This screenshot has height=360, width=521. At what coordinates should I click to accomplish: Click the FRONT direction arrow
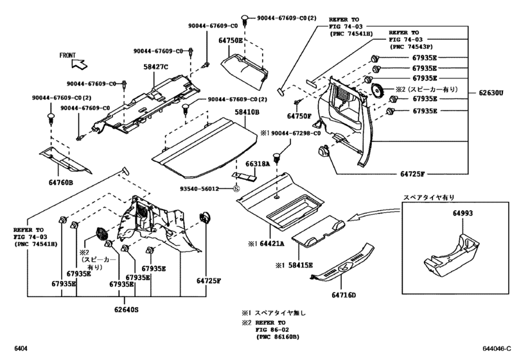79,64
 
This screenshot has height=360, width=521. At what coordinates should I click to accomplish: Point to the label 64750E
231,40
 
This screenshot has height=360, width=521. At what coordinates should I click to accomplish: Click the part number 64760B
62,183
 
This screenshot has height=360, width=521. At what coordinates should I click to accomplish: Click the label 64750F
299,116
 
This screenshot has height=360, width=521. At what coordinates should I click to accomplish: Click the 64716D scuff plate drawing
340,264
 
